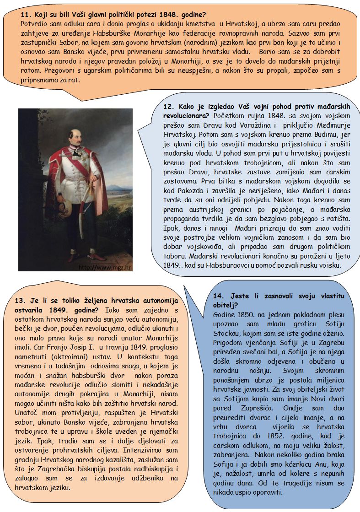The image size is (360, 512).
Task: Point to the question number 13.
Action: point(21,301)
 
